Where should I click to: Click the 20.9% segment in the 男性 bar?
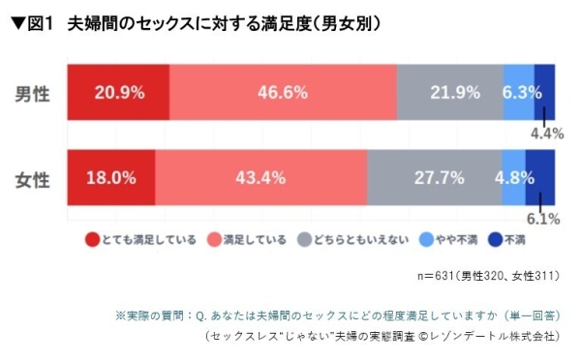(x=118, y=93)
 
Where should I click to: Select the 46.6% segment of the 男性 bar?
(x=283, y=93)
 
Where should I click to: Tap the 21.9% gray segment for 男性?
(x=449, y=93)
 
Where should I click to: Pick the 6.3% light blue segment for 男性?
(x=519, y=93)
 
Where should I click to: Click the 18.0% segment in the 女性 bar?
(x=110, y=177)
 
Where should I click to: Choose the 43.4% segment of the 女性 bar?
(x=260, y=177)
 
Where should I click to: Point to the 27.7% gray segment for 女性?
(x=433, y=177)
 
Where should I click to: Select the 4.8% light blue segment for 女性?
(x=512, y=177)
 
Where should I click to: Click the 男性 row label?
(x=33, y=94)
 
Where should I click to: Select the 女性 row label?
(x=33, y=178)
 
